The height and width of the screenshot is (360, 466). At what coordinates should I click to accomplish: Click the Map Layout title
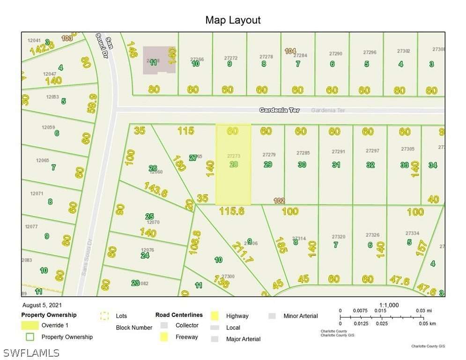pyautogui.click(x=233, y=20)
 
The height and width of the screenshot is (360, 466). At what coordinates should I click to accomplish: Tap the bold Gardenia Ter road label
pyautogui.click(x=280, y=110)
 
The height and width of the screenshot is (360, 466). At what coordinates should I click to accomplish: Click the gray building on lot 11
pyautogui.click(x=159, y=60)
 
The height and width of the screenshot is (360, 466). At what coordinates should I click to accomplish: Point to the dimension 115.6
pyautogui.click(x=232, y=211)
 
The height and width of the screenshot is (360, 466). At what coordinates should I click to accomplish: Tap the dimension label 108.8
pyautogui.click(x=195, y=242)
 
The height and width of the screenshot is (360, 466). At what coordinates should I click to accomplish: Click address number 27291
pyautogui.click(x=338, y=151)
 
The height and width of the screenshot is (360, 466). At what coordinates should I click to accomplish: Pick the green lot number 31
pyautogui.click(x=336, y=165)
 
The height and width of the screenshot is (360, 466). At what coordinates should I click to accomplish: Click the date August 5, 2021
pyautogui.click(x=41, y=305)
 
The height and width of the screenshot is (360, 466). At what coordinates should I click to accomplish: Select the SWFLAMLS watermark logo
pyautogui.click(x=31, y=352)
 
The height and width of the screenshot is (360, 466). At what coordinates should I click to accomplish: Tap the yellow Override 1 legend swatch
pyautogui.click(x=30, y=325)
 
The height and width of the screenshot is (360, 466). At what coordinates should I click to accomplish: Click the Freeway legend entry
pyautogui.click(x=186, y=337)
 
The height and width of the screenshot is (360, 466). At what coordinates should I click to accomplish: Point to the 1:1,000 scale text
pyautogui.click(x=389, y=305)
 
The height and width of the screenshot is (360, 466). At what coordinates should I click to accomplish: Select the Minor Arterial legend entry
pyautogui.click(x=300, y=316)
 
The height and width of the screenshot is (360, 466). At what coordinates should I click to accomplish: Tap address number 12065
pyautogui.click(x=42, y=160)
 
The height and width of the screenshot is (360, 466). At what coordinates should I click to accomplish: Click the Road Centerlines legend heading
pyautogui.click(x=179, y=315)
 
